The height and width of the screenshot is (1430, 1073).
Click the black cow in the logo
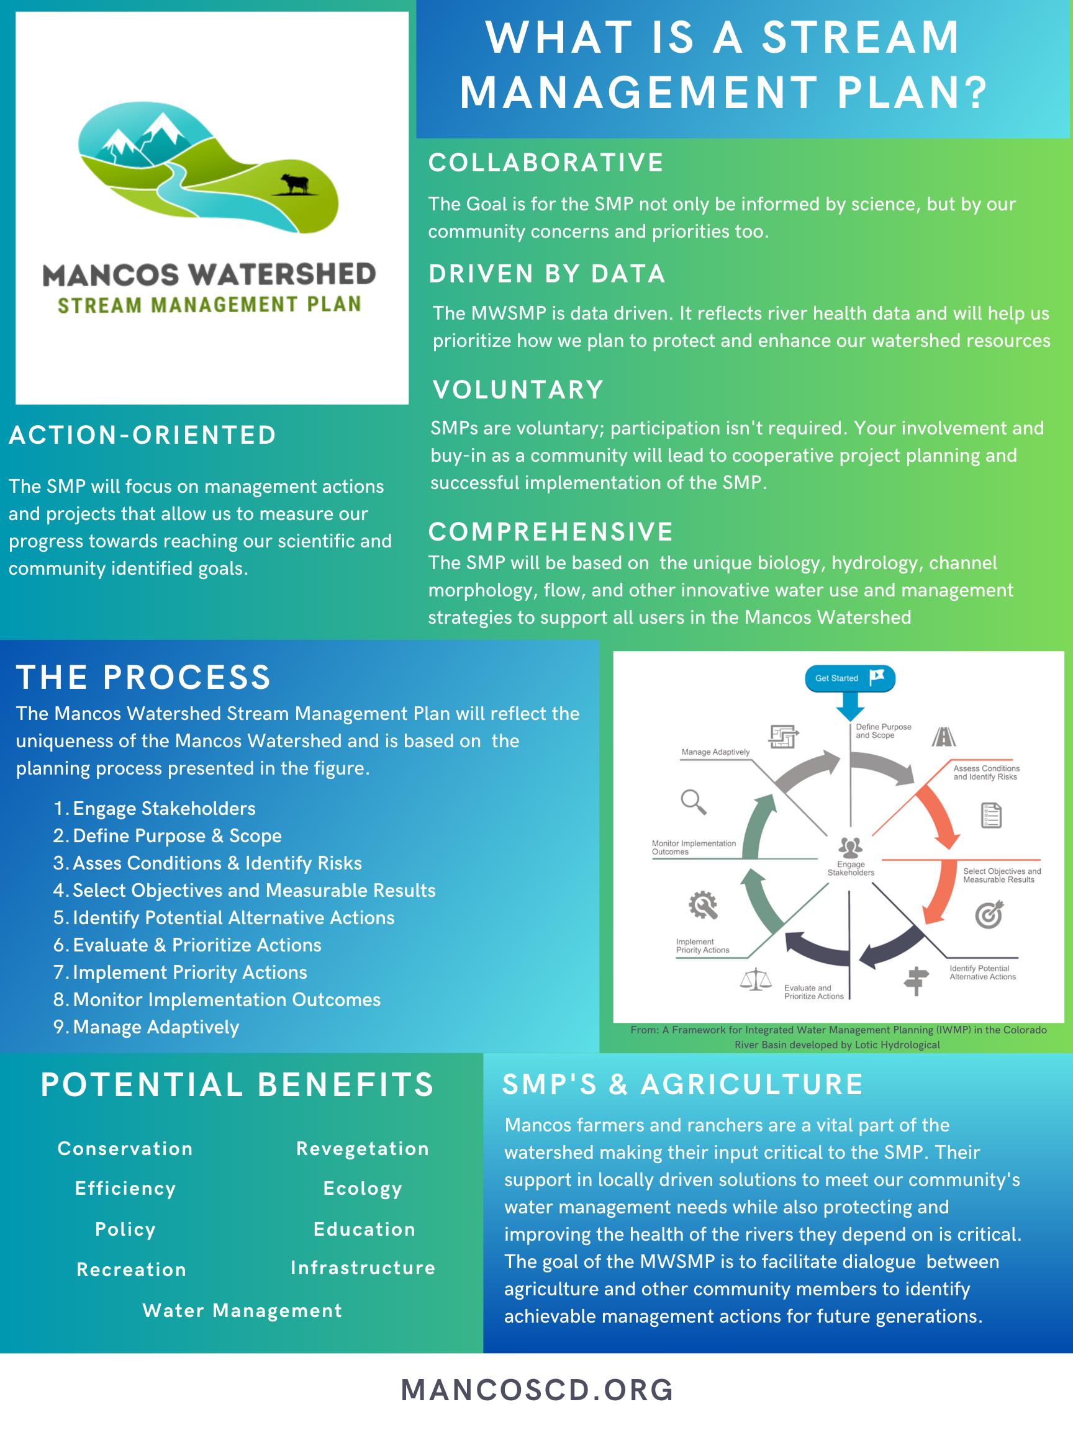coord(295,184)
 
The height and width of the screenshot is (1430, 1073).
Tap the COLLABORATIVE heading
coord(546,163)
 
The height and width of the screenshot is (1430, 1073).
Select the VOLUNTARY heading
coord(518,390)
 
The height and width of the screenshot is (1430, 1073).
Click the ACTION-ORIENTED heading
coord(142,435)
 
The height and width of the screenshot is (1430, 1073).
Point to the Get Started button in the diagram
coord(849,678)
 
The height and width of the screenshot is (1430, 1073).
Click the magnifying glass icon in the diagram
coord(693,802)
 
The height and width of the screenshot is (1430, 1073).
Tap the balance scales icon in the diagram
coord(756,979)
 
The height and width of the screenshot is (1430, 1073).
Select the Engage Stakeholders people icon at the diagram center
coord(850,846)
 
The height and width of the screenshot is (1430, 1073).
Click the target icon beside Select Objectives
coord(989,915)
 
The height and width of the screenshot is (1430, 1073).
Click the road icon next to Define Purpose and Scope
coord(944,736)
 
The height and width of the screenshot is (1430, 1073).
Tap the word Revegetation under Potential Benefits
coord(362,1148)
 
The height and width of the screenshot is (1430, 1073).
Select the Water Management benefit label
coord(242,1310)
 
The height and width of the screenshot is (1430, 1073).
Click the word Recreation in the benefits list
coord(131,1270)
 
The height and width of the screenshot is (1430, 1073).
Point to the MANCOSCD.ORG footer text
coord(537,1390)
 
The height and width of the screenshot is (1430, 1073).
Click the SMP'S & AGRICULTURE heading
coord(682,1084)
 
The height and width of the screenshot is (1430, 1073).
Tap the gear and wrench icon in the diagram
coord(702,905)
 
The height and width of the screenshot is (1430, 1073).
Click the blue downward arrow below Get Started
coord(850,706)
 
